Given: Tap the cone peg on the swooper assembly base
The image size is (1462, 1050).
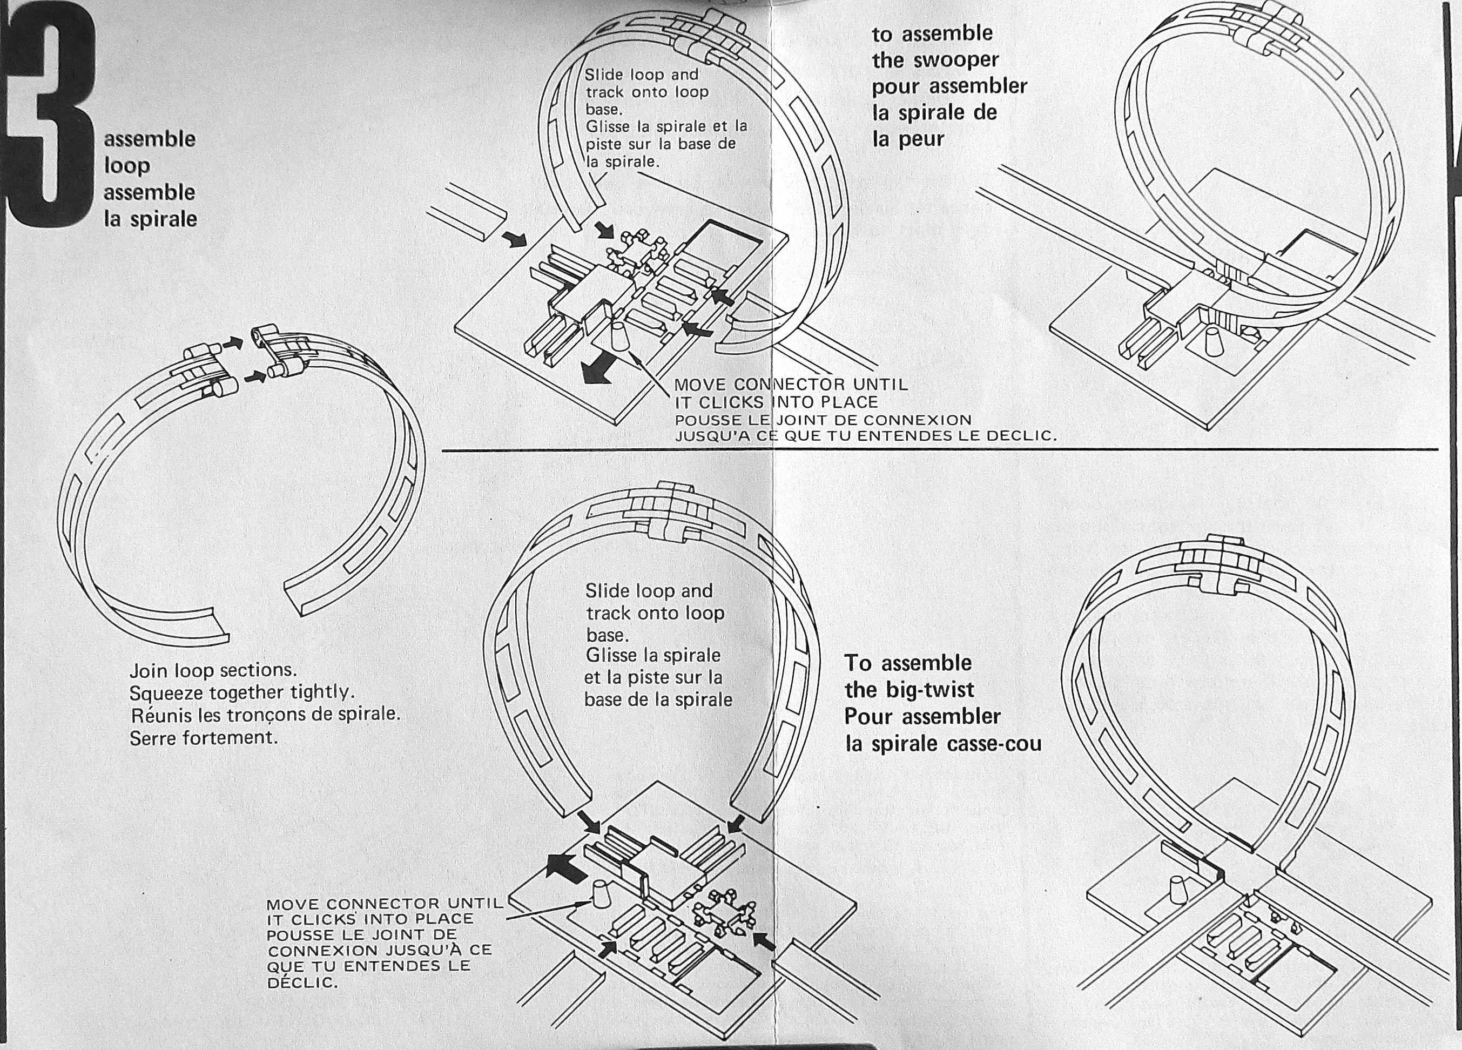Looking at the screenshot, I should [619, 336].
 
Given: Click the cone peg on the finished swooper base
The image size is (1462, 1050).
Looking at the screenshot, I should [1212, 341].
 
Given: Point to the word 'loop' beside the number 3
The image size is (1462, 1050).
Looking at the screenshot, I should [127, 166].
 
